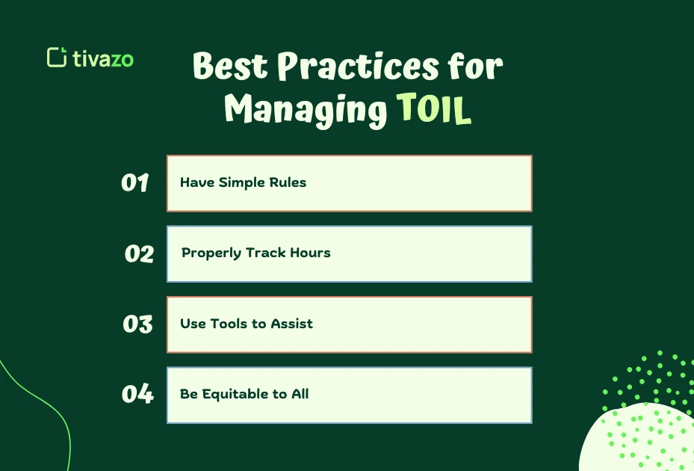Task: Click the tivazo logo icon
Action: (57, 58)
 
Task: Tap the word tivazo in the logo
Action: (103, 58)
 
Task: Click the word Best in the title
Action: (231, 67)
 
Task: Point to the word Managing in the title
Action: (306, 111)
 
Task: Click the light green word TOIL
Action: (434, 111)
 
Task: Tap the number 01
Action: (135, 183)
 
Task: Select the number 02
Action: (139, 254)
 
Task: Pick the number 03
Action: (137, 324)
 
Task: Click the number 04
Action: (137, 395)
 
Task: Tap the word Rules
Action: (288, 183)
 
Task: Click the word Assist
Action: (291, 324)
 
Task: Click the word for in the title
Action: (475, 67)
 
